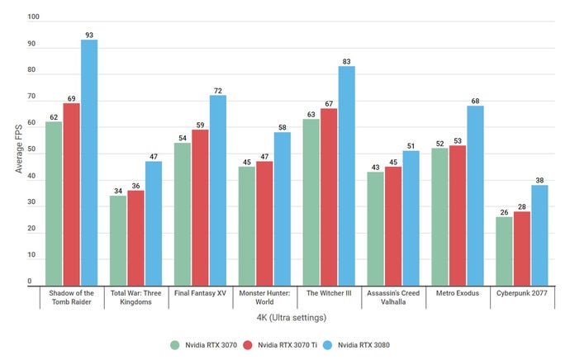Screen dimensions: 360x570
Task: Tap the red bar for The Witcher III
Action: coord(329,197)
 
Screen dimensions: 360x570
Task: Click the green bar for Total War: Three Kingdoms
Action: coord(118,240)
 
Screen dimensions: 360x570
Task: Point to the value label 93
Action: coord(89,33)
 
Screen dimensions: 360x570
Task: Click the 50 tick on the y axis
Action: coord(31,150)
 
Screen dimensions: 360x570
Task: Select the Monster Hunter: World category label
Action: coord(265,297)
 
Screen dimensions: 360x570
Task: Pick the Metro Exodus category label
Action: coord(458,293)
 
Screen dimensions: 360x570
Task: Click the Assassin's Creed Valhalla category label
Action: coord(393,297)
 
